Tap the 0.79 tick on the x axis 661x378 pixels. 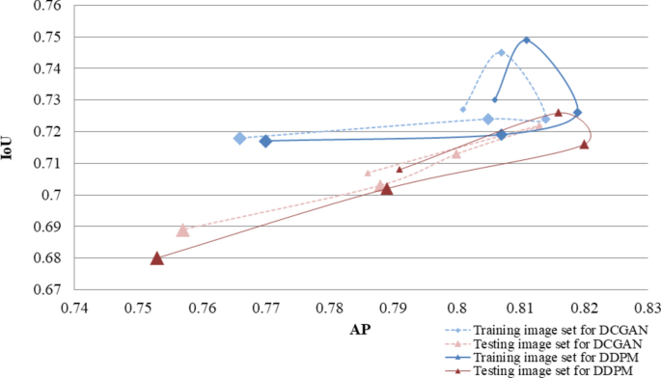[x=393, y=309]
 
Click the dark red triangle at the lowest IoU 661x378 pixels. [x=157, y=257]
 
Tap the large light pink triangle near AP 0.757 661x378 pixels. [x=182, y=229]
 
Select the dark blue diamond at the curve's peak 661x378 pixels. [x=526, y=40]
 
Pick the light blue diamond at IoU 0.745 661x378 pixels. [x=501, y=52]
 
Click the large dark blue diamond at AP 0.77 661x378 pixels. [x=265, y=141]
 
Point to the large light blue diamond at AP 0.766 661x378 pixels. [x=239, y=138]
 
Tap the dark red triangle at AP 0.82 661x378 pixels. [x=584, y=144]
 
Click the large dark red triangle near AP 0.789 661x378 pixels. [x=386, y=188]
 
